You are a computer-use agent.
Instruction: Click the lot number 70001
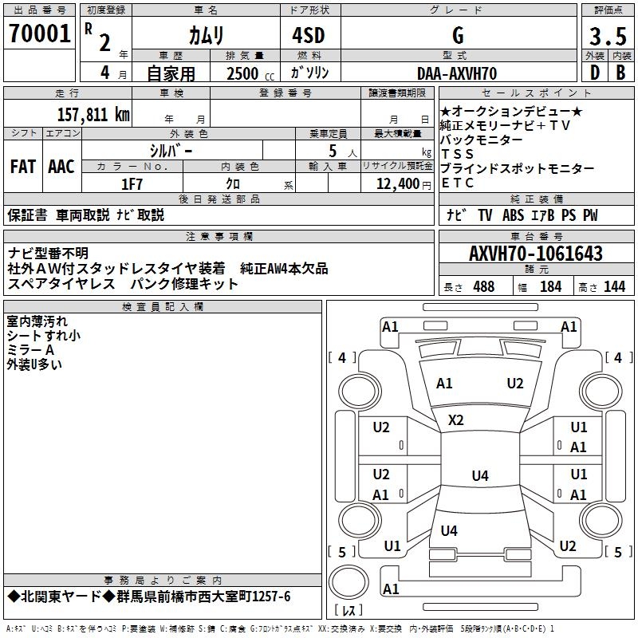(x=39, y=34)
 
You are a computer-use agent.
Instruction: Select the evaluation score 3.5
(x=606, y=36)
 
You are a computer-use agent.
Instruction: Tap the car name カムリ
(x=206, y=34)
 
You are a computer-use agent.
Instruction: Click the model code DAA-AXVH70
(x=457, y=73)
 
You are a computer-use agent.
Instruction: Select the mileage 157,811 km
(x=93, y=113)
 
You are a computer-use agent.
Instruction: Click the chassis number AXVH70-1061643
(x=535, y=254)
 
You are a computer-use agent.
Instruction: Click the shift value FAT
(x=22, y=167)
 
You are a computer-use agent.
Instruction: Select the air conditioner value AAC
(x=61, y=167)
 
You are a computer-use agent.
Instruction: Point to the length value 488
(x=483, y=286)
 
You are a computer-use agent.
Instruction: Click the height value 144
(x=614, y=286)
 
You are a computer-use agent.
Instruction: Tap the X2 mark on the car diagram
(x=455, y=419)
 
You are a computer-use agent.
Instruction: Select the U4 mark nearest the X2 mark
(x=478, y=476)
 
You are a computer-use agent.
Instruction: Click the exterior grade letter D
(x=593, y=73)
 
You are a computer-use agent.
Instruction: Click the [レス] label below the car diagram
(x=348, y=610)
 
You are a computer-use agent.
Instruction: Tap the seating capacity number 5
(x=332, y=150)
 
